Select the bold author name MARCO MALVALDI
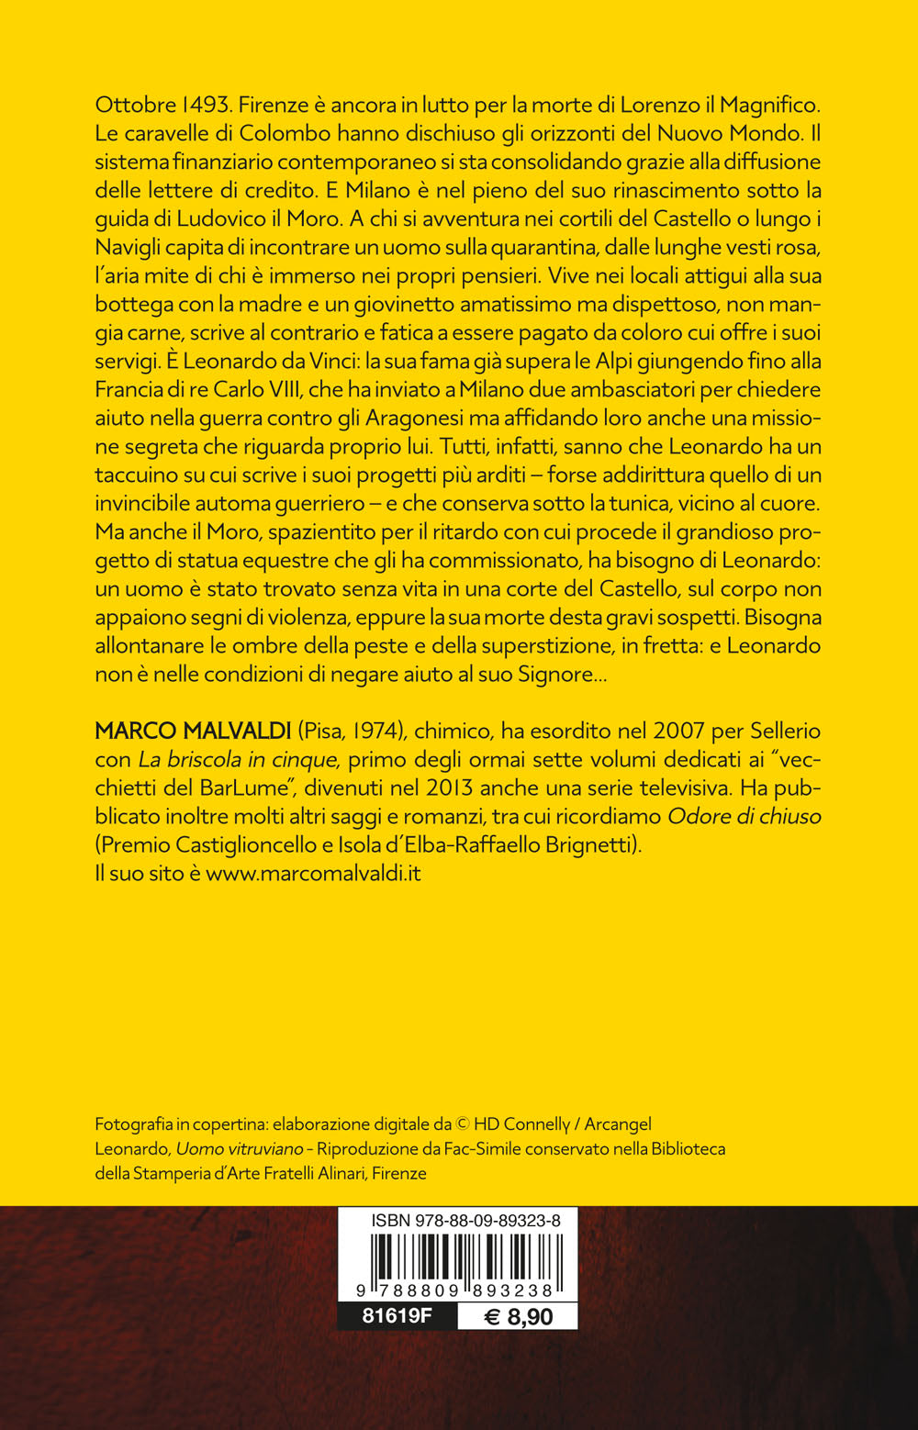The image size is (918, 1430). [193, 731]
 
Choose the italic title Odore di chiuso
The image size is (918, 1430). [744, 816]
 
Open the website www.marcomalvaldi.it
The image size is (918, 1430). [313, 873]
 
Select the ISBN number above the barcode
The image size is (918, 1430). [465, 1220]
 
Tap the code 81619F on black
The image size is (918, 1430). [397, 1315]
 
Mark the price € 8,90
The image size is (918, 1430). [518, 1316]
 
